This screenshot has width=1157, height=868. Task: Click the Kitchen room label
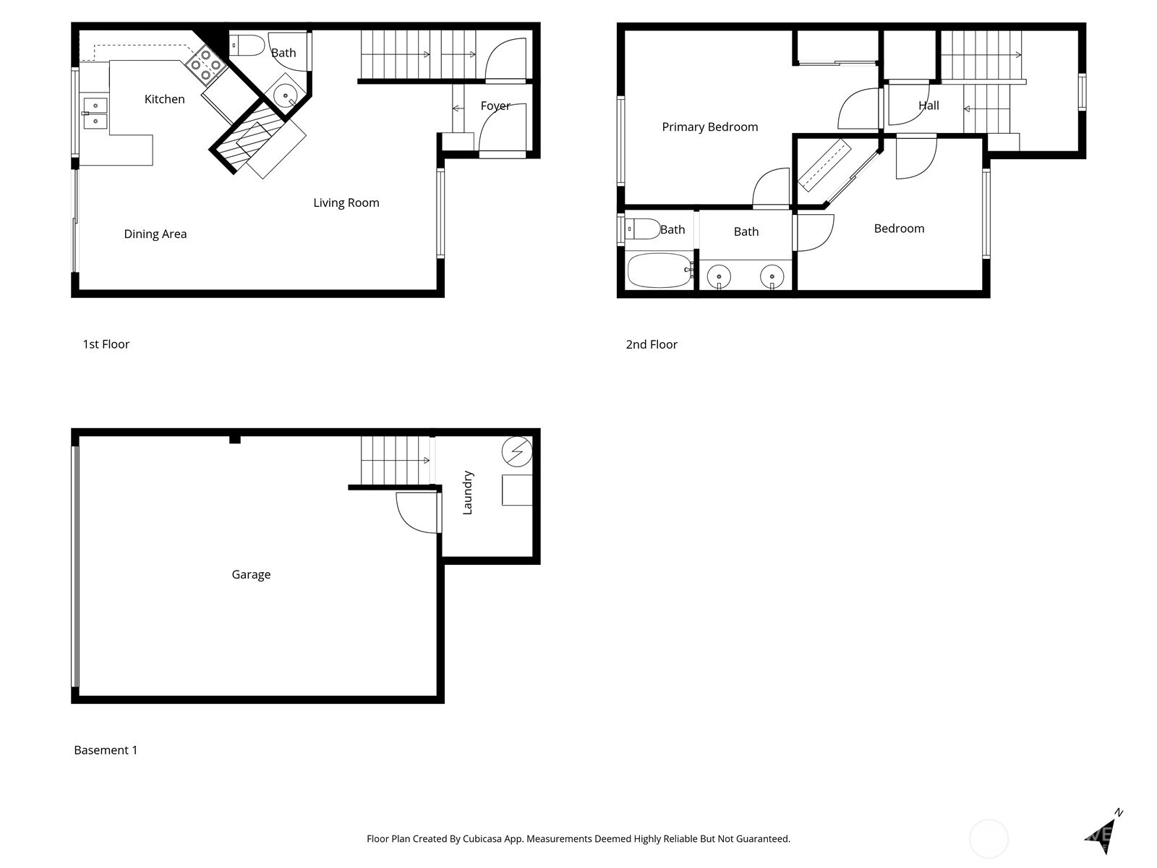point(164,99)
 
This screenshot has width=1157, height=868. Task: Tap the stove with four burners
point(206,64)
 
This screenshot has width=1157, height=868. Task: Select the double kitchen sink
point(95,114)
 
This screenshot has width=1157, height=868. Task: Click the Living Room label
point(346,203)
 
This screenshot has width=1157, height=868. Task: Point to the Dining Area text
point(155,234)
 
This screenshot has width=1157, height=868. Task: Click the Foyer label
point(495,106)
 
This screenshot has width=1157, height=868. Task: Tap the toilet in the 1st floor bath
point(247,46)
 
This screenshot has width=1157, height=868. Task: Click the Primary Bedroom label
point(709,127)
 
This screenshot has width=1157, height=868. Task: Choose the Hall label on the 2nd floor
point(928,106)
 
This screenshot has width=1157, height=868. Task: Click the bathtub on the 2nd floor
point(659,271)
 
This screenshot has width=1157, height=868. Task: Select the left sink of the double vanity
point(719,276)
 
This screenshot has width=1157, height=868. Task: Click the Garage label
point(251,574)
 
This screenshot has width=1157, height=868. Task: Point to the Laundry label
point(467,493)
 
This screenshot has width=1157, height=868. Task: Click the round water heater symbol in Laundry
point(517,452)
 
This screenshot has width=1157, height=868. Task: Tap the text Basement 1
point(106,750)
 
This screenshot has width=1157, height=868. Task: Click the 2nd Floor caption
point(651,344)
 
